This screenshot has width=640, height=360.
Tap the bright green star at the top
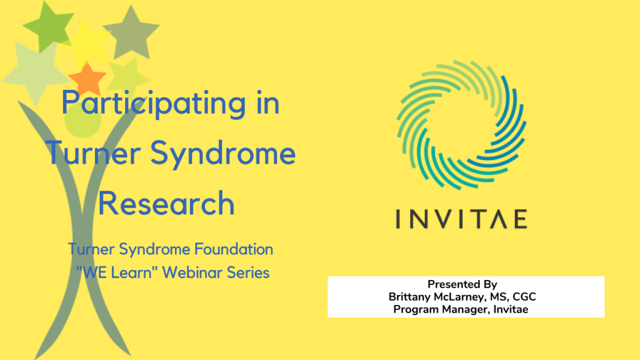pyautogui.click(x=48, y=26)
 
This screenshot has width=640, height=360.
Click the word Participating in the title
pyautogui.click(x=154, y=104)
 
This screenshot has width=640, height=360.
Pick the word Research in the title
pyautogui.click(x=166, y=203)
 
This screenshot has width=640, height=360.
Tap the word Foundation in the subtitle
pyautogui.click(x=234, y=249)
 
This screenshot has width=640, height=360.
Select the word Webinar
pyautogui.click(x=192, y=272)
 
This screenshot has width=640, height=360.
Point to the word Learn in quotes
pyautogui.click(x=131, y=272)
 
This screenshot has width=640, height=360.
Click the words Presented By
pyautogui.click(x=462, y=284)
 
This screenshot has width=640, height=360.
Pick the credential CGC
pyautogui.click(x=524, y=297)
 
